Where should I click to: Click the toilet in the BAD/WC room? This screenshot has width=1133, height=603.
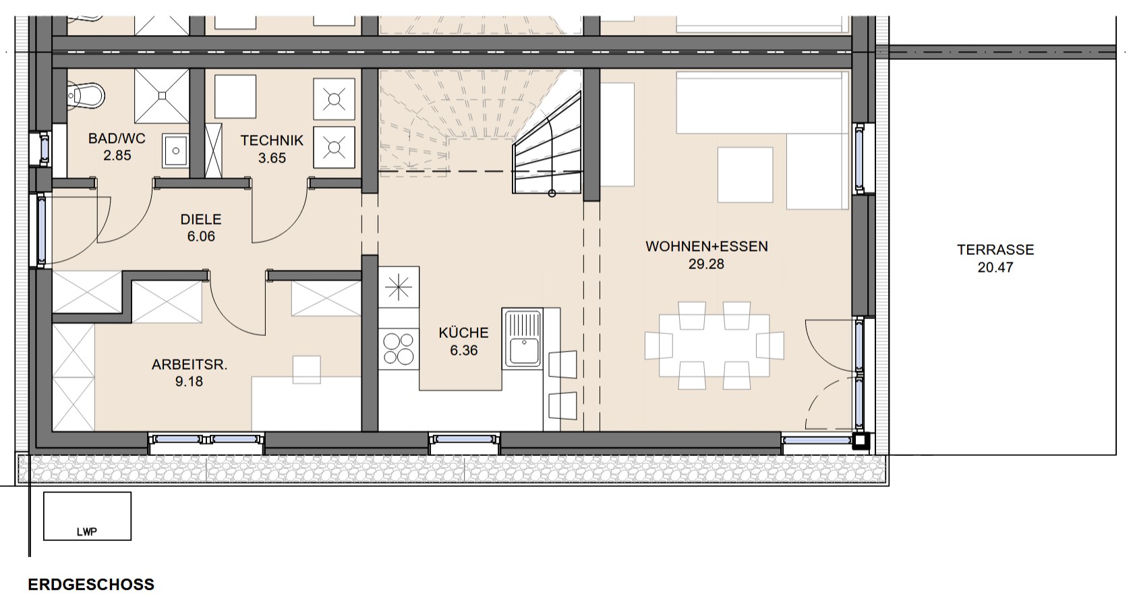point(86,94)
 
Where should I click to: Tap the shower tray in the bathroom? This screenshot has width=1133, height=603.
point(162,96)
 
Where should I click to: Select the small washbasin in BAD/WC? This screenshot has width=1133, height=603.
point(175,150)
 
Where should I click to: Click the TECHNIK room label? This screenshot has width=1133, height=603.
point(272,140)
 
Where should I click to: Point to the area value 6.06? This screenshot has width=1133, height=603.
point(201,236)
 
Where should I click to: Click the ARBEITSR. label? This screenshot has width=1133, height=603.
point(190,365)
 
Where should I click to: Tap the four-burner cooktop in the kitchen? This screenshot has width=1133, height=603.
point(399,349)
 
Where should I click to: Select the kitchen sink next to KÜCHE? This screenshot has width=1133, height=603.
point(523,339)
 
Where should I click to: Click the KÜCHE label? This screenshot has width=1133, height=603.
point(464,333)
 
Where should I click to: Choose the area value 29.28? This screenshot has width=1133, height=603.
point(706,264)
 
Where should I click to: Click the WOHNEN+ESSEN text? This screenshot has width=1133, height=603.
point(707,246)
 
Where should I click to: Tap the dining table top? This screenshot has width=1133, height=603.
point(714,345)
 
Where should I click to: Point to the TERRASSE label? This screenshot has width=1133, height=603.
point(995,250)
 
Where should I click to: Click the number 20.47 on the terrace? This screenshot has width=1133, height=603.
point(995,267)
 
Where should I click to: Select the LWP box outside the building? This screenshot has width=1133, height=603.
point(88,516)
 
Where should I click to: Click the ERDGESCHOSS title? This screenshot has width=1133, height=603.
point(91,584)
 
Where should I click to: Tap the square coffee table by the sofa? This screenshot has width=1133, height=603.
point(745,175)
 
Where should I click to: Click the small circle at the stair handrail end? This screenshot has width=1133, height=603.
point(552,193)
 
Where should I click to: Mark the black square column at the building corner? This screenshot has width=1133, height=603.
point(861,441)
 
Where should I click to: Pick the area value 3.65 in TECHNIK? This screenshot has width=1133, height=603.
point(272,158)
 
